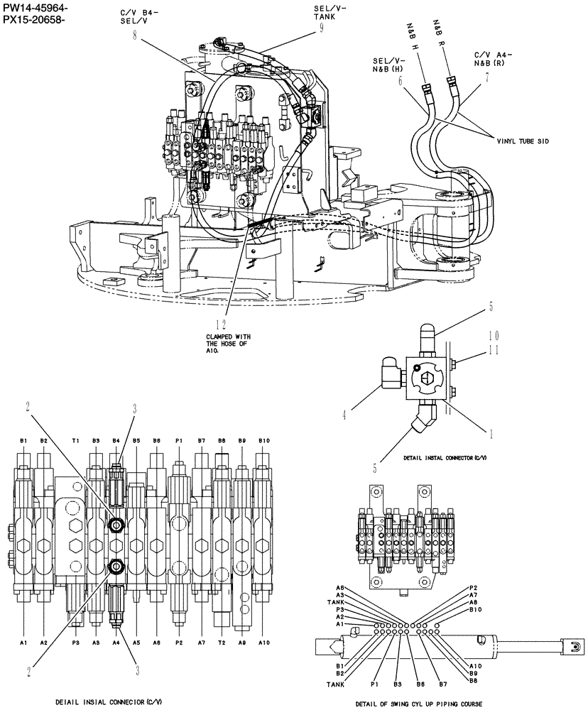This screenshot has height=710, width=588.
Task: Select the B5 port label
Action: coord(136,441)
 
